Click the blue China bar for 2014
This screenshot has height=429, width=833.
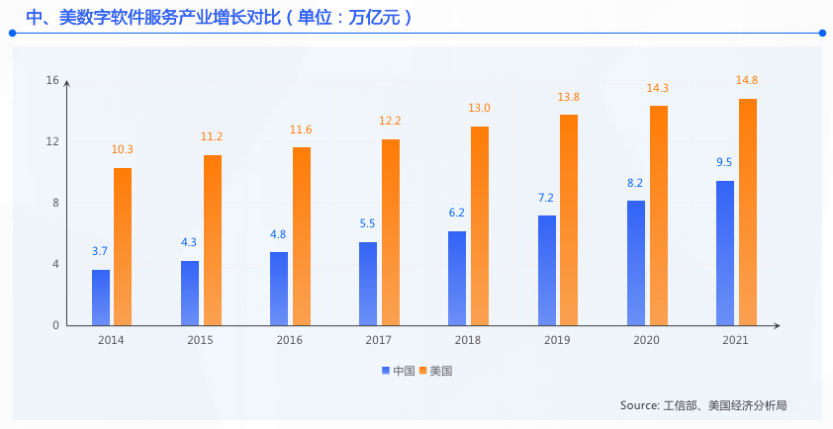point(101,298)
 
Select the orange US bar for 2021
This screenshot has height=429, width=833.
point(748,213)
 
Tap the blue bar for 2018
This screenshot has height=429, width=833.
point(457,279)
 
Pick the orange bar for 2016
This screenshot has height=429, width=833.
point(302,236)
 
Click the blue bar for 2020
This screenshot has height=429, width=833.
point(636,263)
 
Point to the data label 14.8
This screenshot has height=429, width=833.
point(748,81)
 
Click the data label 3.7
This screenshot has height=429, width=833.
point(100,251)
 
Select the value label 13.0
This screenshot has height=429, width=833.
point(480,109)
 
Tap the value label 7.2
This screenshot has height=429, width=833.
point(546,198)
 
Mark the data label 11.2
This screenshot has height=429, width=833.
point(212,137)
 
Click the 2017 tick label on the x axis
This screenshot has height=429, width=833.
point(378,341)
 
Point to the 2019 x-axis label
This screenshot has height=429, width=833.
point(557,341)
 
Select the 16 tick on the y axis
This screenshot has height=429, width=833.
point(53,80)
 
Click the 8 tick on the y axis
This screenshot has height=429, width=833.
point(56,203)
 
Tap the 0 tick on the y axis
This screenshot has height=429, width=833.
point(56,325)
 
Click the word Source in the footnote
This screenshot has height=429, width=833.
point(638,406)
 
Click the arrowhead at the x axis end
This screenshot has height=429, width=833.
point(778,325)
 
